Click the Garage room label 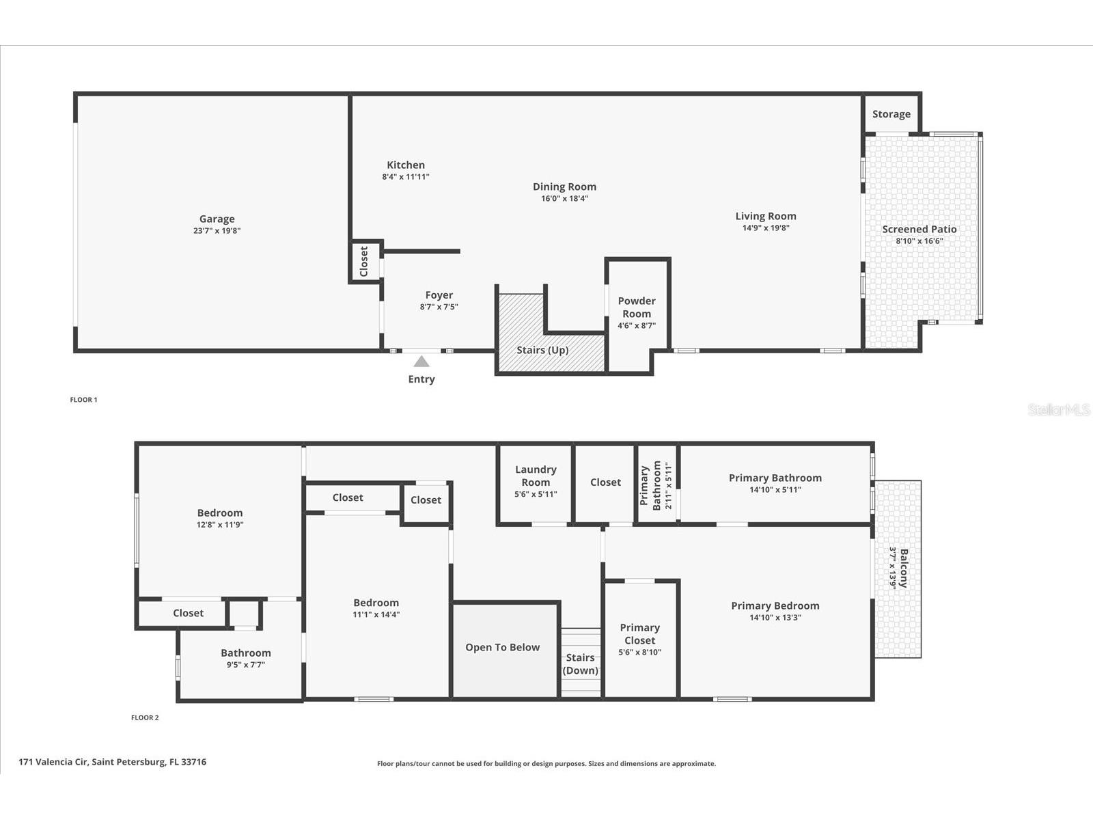point(217,219)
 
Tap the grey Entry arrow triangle point(421,362)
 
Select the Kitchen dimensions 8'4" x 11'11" point(406,177)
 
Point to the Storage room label point(891,114)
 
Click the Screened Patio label point(919,230)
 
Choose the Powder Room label point(636,307)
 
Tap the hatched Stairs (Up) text point(542,350)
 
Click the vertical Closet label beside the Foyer point(364,262)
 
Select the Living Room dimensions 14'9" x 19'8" point(765,228)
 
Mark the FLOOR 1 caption point(83,400)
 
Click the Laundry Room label point(536,476)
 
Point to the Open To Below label point(502,647)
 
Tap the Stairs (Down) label point(580,664)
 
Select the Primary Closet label point(639,633)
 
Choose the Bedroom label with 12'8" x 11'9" point(220,513)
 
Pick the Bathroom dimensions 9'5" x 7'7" point(246,665)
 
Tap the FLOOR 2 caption point(145,717)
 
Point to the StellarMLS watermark point(1059,410)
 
